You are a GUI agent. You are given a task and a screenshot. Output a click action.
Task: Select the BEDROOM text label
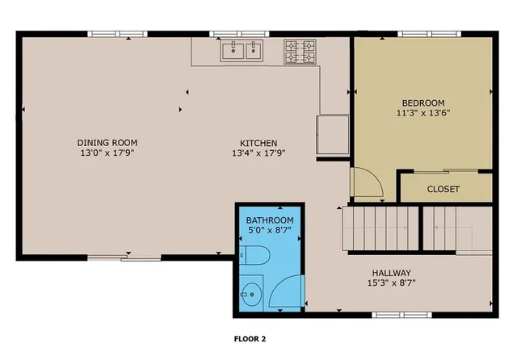click(423, 103)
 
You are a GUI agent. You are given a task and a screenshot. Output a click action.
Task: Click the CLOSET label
click(443, 190)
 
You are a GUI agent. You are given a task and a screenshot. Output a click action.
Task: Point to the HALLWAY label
click(392, 273)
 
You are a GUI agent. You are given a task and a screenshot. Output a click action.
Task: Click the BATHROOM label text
click(270, 220)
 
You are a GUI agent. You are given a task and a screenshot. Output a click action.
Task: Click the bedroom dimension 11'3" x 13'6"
click(423, 113)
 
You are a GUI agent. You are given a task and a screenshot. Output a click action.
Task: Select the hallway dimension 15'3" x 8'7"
click(392, 283)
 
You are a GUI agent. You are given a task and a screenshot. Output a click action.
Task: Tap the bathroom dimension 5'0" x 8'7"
click(270, 231)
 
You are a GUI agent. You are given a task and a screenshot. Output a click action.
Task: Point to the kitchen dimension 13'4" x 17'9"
click(259, 152)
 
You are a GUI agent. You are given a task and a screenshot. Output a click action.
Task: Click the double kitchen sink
click(243, 52)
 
